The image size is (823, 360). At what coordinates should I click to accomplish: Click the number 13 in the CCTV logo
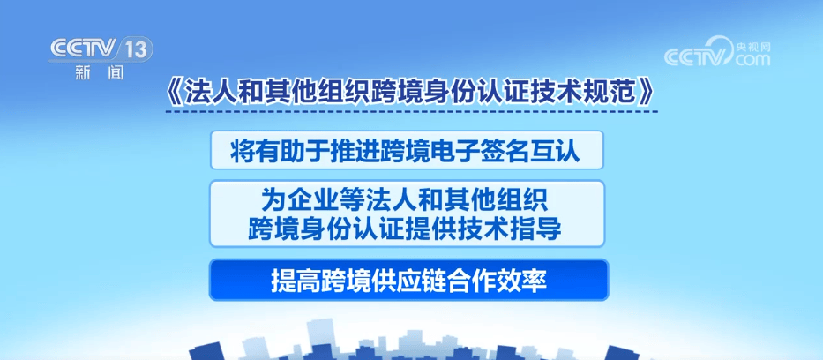tap(136, 50)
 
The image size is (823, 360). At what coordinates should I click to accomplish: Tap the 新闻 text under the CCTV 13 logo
tap(100, 73)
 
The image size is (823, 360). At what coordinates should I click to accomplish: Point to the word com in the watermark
tap(752, 59)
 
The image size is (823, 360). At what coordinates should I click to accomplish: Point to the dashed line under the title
tap(411, 111)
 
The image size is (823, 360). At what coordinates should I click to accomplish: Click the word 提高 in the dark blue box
tap(292, 281)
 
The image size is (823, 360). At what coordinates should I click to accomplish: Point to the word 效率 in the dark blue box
tap(527, 281)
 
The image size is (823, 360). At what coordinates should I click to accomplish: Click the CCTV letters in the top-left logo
tap(84, 49)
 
